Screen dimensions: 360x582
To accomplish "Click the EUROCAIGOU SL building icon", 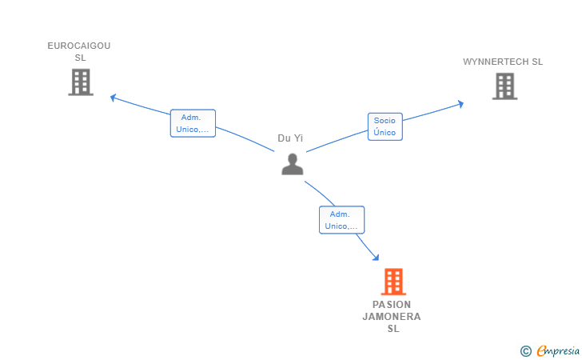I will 81,82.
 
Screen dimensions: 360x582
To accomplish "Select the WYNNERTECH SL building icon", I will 504,86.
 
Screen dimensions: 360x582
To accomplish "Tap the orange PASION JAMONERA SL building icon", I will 393,282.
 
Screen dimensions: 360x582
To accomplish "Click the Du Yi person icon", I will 293,164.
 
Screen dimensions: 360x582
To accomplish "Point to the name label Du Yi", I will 290,138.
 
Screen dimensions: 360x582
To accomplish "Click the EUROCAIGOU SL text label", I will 79,51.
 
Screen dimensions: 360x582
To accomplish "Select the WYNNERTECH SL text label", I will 503,62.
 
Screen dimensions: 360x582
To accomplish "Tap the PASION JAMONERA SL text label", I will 392,316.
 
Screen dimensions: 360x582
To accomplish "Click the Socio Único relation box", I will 385,126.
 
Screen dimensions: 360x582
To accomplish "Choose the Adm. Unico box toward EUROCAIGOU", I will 193,123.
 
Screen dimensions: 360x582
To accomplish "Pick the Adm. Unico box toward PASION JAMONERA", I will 341,220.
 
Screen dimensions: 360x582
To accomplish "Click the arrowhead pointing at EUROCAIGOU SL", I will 114,98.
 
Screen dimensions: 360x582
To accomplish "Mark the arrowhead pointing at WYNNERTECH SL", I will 460,103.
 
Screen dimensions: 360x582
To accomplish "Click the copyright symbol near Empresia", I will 525,350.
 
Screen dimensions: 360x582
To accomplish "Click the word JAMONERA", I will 392,316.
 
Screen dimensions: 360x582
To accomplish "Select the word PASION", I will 392,305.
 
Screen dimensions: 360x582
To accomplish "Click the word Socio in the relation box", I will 385,121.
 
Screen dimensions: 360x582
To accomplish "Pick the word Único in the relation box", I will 385,132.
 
